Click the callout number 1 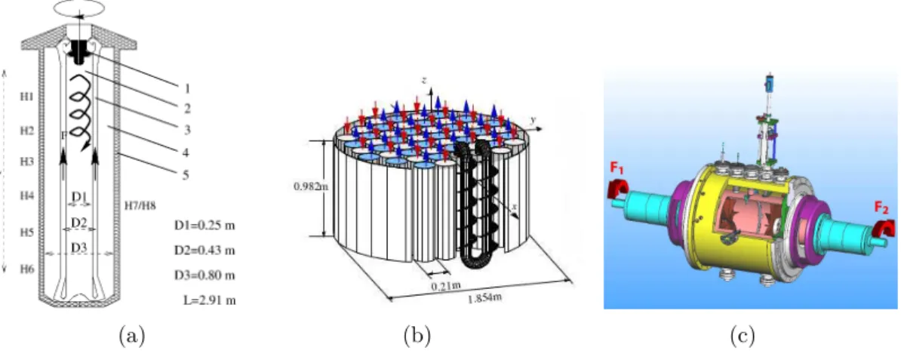click(186, 88)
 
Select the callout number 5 click(186, 174)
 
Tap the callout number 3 click(186, 131)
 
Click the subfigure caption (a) click(131, 334)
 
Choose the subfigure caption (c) click(741, 334)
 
